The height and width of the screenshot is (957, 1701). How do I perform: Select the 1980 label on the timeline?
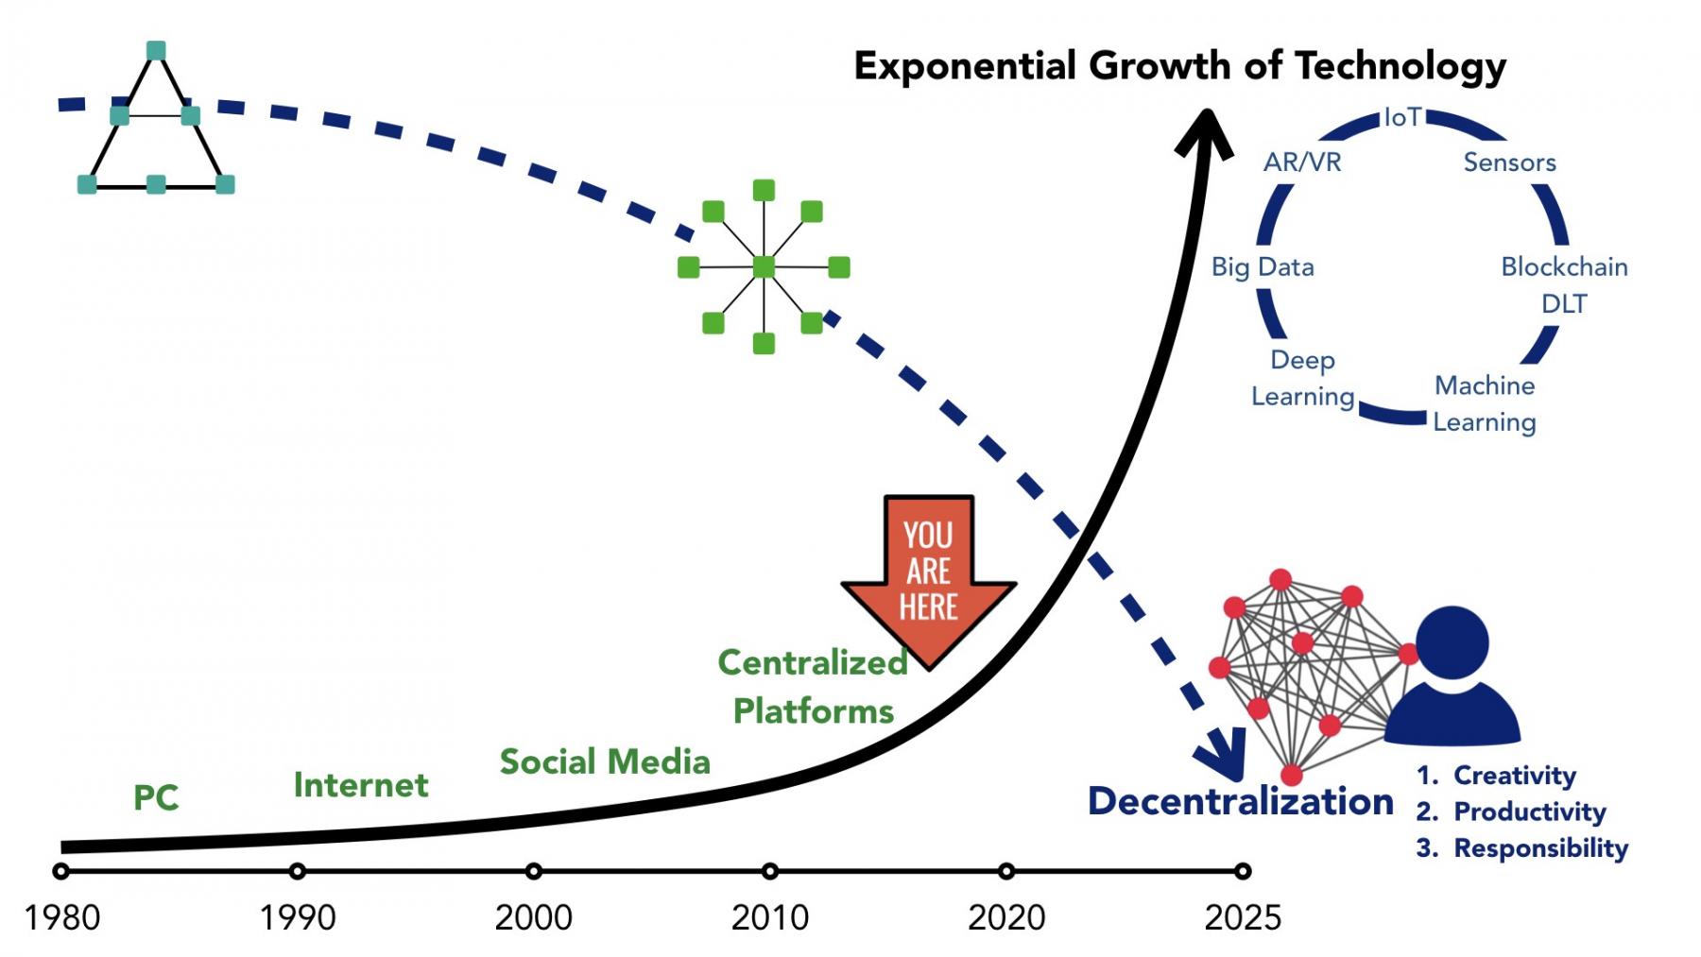tap(62, 917)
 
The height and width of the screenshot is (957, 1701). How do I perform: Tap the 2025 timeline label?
tap(1243, 917)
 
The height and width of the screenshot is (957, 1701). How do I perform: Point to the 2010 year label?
tap(770, 917)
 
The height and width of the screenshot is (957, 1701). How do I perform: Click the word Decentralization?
tap(1240, 801)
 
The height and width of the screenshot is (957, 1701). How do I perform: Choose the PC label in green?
tap(156, 798)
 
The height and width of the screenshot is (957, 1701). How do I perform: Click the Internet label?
tap(361, 785)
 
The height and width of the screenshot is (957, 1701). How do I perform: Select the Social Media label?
tap(605, 762)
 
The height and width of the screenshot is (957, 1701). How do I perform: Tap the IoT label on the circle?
tap(1402, 117)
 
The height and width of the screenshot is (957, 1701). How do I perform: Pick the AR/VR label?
tap(1302, 162)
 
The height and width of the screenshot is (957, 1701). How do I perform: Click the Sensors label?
tap(1509, 162)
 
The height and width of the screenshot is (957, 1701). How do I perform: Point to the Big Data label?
tap(1263, 267)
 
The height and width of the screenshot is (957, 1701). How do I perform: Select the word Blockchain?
tap(1564, 267)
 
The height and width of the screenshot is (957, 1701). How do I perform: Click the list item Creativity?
tap(1514, 776)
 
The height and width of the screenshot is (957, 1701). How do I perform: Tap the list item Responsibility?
tap(1540, 848)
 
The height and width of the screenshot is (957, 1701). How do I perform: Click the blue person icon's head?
tap(1452, 643)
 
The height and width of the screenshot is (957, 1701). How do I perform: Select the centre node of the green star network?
tap(764, 267)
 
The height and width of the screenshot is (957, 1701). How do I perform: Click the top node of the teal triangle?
tap(157, 51)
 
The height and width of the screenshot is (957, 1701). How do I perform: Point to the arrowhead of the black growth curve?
tap(1205, 132)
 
